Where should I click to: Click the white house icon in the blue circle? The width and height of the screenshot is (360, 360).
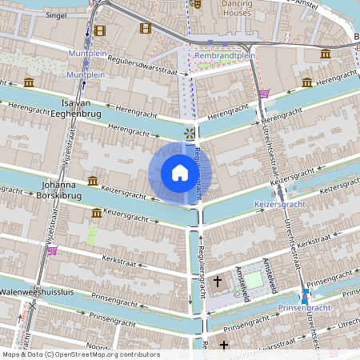tap(179, 173)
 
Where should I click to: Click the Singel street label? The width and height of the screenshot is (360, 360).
tap(56, 14)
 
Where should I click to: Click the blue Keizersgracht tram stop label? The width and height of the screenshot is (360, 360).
tap(281, 206)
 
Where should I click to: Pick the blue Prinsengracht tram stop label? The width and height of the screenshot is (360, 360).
tap(304, 307)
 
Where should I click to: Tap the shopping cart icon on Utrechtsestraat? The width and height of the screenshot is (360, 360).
tap(263, 94)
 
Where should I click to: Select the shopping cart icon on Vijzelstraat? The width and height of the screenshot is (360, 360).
tap(53, 250)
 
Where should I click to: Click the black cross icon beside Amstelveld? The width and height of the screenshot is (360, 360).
tap(218, 282)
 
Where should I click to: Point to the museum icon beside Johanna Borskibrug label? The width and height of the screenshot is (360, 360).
tap(93, 181)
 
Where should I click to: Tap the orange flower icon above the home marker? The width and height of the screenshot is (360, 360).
tap(189, 133)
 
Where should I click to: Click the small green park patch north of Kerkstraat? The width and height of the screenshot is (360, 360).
tap(92, 235)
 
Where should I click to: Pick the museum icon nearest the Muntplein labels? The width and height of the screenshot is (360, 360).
tap(29, 82)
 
